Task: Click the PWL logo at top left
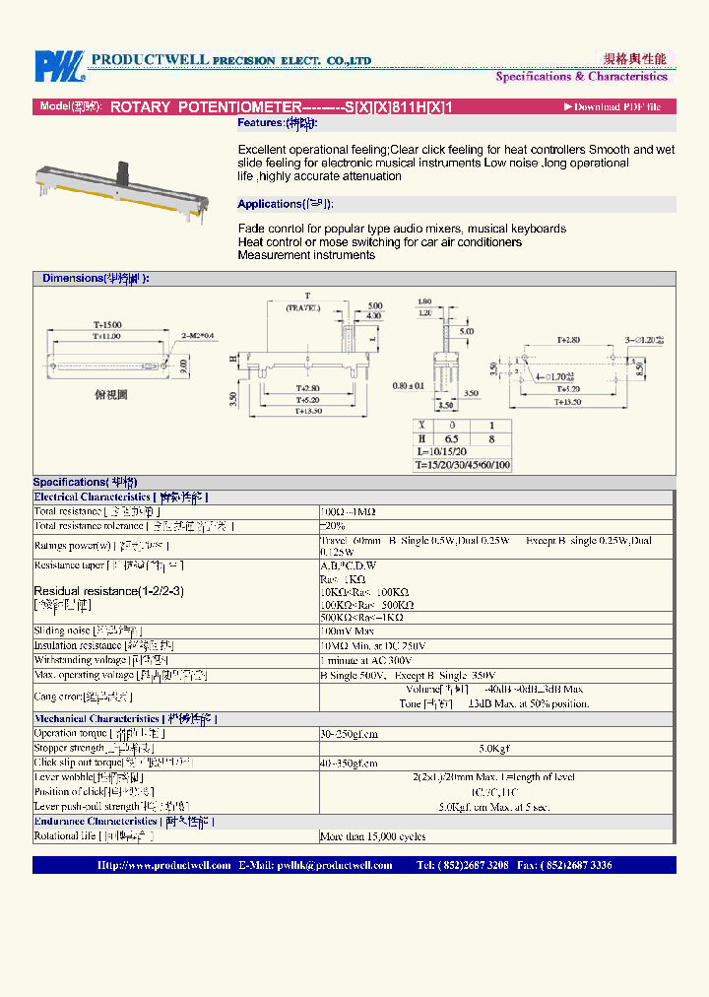[x=61, y=66]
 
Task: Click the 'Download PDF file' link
[x=616, y=106]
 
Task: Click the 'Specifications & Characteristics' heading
[x=581, y=77]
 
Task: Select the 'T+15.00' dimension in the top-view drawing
[x=108, y=324]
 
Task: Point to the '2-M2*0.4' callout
[x=196, y=336]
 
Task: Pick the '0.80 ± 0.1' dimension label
[x=407, y=385]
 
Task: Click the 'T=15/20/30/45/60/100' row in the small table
[x=461, y=464]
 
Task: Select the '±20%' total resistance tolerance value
[x=333, y=526]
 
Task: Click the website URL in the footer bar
[x=163, y=865]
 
